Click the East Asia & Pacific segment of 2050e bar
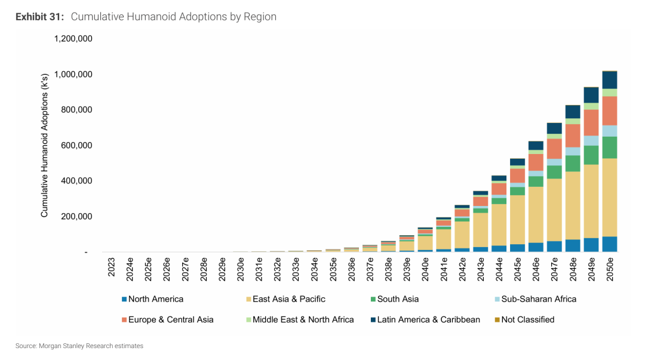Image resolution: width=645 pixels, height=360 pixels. [610, 198]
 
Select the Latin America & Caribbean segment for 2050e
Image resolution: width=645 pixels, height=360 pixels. [610, 80]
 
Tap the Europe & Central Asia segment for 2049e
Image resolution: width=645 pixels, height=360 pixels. [591, 122]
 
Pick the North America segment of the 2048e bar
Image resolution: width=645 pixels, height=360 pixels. [573, 245]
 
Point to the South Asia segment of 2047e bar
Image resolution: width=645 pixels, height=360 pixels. [554, 172]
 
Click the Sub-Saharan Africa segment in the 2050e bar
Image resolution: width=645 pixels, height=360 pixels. [610, 131]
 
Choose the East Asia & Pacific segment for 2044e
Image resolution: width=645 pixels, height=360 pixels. [499, 225]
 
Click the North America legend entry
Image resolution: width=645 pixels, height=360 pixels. [153, 299]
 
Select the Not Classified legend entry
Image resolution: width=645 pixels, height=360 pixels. [524, 319]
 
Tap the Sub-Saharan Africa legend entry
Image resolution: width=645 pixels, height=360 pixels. [536, 299]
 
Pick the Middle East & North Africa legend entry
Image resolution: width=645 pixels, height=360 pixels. [300, 319]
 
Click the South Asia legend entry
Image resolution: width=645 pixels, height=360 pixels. [395, 299]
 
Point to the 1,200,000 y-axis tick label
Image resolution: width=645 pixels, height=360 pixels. [73, 39]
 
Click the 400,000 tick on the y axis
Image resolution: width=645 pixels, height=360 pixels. [76, 181]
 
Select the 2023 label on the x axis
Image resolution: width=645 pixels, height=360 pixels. [112, 267]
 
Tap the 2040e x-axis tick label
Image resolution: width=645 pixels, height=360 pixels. [425, 269]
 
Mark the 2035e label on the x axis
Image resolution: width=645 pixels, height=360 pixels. [333, 269]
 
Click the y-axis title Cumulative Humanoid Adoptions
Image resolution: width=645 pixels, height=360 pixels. [44, 145]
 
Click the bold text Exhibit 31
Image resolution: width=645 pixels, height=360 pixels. [40, 17]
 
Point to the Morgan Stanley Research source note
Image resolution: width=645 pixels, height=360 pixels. [79, 346]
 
